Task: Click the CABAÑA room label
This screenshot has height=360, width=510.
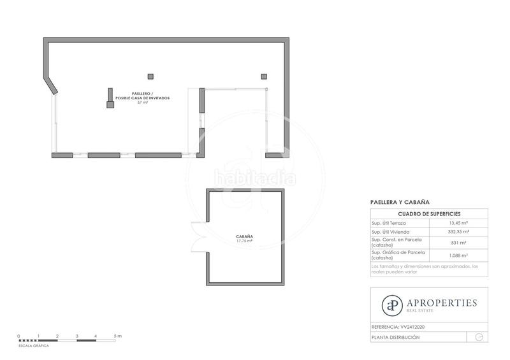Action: (244, 236)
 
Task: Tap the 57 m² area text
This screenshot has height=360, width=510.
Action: (142, 102)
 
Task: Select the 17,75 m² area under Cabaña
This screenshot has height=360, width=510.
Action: (244, 241)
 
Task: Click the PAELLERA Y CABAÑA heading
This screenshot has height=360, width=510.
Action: (400, 201)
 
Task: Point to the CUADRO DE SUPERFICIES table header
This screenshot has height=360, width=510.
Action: (429, 213)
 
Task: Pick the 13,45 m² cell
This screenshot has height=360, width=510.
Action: (458, 223)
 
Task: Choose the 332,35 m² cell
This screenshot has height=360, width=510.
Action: (458, 233)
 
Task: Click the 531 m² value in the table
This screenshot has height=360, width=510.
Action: (458, 243)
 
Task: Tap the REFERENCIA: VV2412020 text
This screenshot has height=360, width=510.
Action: (398, 327)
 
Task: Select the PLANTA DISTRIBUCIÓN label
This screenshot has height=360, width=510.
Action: (396, 337)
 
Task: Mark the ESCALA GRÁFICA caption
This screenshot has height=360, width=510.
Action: (34, 345)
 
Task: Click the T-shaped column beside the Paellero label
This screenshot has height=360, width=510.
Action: (110, 101)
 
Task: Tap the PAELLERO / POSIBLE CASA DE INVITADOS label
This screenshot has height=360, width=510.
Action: (142, 96)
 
